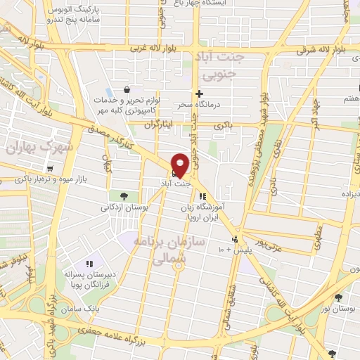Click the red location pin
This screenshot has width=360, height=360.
pos(179,164)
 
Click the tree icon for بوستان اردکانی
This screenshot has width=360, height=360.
pos(124,195)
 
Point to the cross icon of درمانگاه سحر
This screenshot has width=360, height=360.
pos(200,93)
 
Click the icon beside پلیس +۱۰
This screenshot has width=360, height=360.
pos(237,238)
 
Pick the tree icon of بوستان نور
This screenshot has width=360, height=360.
pos(338,297)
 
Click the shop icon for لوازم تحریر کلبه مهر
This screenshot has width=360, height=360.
pos(126,90)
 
